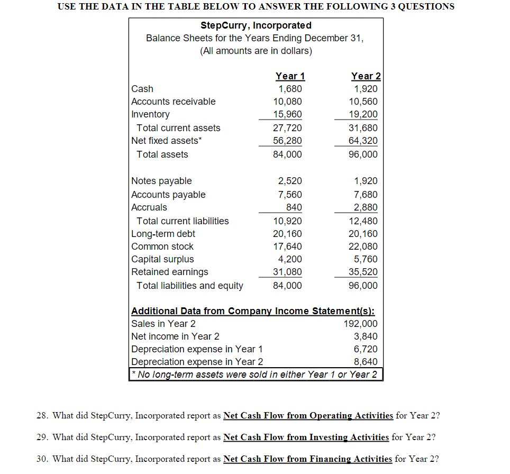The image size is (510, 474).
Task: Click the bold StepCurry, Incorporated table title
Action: (256, 25)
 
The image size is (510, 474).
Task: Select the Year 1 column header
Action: (290, 76)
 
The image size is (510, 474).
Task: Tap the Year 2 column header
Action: (366, 76)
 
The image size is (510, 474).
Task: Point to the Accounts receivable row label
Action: (173, 102)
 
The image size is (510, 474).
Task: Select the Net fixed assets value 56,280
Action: (290, 141)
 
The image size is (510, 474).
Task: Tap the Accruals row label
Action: (149, 207)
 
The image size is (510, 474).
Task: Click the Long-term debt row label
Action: (163, 234)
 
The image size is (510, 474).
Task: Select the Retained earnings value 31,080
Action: (290, 272)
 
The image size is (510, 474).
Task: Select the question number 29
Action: (42, 437)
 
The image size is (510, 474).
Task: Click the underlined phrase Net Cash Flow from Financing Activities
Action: (307, 459)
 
